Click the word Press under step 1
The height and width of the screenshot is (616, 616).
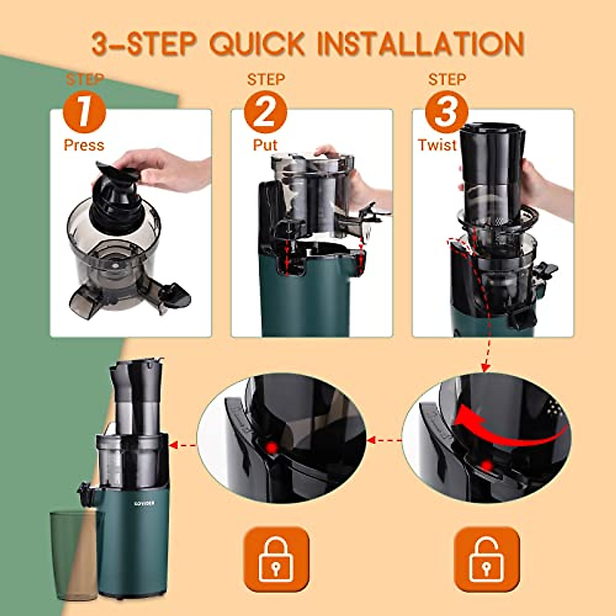click(x=84, y=145)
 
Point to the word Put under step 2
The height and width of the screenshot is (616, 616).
click(x=265, y=145)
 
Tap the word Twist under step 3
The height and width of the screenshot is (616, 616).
click(x=437, y=145)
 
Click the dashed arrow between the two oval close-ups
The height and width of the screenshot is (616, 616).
click(x=384, y=440)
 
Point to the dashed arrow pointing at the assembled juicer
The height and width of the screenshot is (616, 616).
click(x=182, y=445)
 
